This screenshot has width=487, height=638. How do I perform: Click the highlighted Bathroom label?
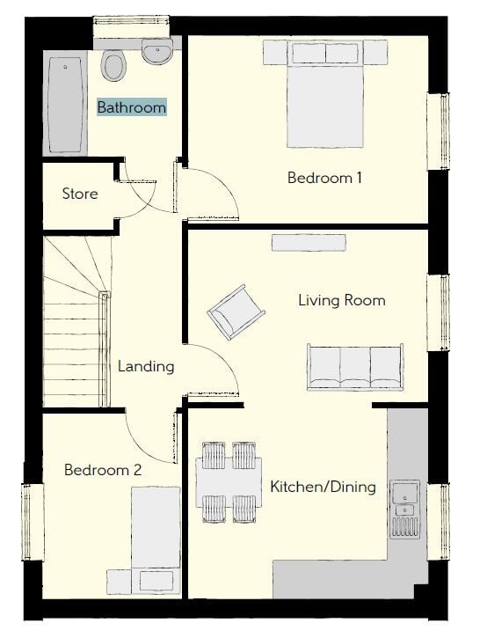coord(132,107)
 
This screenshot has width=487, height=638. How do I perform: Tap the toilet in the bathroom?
coord(114,65)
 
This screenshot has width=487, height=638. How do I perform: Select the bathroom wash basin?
coord(157,51)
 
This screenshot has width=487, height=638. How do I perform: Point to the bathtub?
coord(66,105)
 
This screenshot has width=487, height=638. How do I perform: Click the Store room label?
coord(80,194)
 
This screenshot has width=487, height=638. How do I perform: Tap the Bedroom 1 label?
coord(324,178)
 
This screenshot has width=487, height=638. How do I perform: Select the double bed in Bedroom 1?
coord(324,94)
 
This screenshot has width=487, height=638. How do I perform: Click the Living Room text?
coord(342,300)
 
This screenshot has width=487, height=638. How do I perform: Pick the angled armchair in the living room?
coord(236,312)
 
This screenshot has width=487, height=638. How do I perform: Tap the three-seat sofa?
coord(355,367)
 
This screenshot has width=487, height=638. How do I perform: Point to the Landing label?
coord(146,366)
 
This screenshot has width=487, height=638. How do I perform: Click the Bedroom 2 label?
coord(103,470)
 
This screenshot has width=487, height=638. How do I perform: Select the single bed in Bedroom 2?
coord(156,540)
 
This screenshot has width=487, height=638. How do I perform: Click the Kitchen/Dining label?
coord(323,487)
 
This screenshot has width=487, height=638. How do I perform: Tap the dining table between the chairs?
coord(229,483)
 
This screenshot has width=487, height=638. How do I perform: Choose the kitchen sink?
coord(404,510)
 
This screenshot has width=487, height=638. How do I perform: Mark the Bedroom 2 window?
coord(33,522)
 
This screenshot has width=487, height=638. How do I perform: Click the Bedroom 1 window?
coord(439,131)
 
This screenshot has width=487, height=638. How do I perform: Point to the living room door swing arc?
coord(222,358)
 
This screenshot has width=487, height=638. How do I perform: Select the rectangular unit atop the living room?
coord(309,243)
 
